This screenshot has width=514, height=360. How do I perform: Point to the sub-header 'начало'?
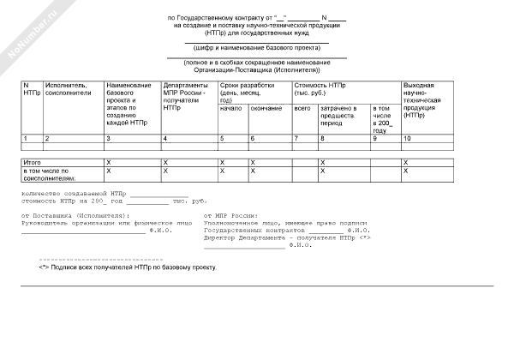tap(230, 108)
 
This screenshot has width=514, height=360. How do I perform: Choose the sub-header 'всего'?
tap(302, 108)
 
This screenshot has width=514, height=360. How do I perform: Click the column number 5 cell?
tap(222, 138)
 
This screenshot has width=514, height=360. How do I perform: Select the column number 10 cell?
tap(409, 138)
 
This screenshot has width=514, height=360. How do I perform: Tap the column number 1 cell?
tap(26, 138)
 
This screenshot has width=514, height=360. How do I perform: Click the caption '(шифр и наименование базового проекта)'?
tap(257, 50)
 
